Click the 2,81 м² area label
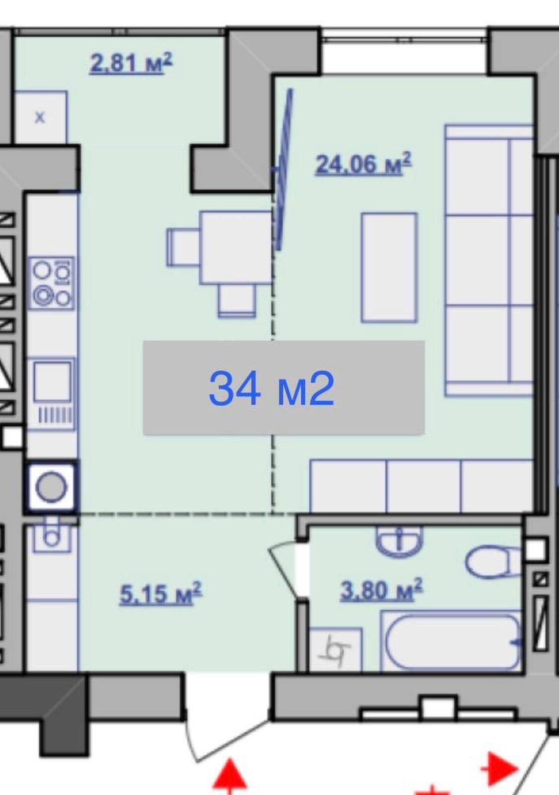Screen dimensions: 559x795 (131, 64)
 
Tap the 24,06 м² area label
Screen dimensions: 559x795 (363, 163)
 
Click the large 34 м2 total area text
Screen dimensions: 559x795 (272, 388)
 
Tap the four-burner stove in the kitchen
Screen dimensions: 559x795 (52, 283)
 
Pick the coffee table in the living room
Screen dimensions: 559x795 (389, 268)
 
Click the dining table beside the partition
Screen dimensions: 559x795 (236, 248)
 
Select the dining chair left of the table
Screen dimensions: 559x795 (183, 247)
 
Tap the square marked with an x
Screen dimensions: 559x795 (40, 117)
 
